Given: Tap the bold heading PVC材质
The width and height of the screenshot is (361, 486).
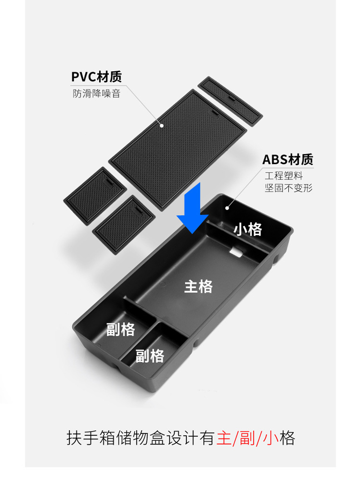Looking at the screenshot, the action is (96, 77).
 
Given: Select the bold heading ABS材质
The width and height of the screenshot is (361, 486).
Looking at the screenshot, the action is (287, 159).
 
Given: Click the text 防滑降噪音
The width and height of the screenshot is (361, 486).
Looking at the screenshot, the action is (96, 93).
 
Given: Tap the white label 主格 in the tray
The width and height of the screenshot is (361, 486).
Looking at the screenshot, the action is (198, 287).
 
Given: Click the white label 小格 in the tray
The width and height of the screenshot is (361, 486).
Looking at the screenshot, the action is (248, 229).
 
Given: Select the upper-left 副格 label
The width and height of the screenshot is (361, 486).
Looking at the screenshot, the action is (121, 329).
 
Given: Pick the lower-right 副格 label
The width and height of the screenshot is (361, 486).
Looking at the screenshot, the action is (150, 356).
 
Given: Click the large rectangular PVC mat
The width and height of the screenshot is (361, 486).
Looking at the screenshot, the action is (178, 144).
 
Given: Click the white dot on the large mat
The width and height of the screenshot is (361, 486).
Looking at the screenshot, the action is (162, 126).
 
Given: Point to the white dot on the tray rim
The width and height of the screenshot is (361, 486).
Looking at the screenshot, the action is (228, 208).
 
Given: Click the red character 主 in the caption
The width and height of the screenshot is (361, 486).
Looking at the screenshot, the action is (224, 439).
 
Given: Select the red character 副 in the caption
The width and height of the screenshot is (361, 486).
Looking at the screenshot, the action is (248, 439).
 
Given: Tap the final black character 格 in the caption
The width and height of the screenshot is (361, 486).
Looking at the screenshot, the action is (287, 439).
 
